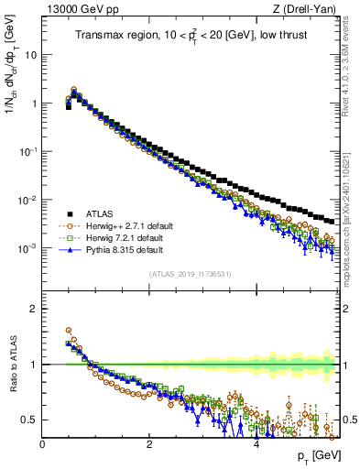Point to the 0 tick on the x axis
[43, 444]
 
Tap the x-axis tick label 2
[149, 444]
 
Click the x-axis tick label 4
[256, 444]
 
